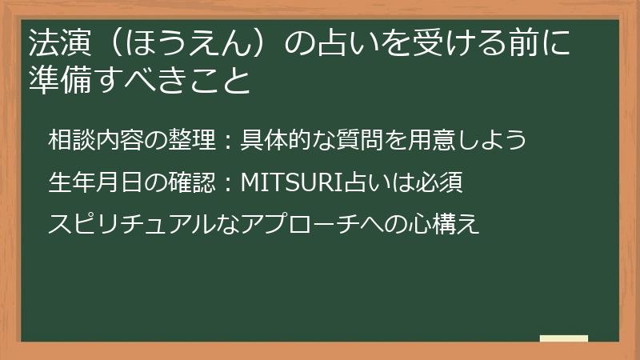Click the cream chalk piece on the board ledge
point(563,338)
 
